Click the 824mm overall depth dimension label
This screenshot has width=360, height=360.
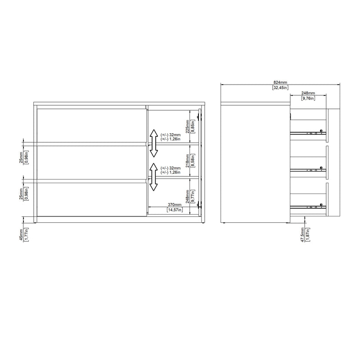pyautogui.click(x=280, y=82)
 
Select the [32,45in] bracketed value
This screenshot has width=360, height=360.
pyautogui.click(x=280, y=88)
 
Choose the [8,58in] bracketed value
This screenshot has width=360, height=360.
pyautogui.click(x=193, y=160)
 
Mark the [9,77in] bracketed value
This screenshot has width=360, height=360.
pyautogui.click(x=193, y=196)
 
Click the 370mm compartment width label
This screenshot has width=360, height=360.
pyautogui.click(x=174, y=204)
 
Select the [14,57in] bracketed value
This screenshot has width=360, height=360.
pyautogui.click(x=174, y=210)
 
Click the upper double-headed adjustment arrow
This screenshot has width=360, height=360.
pyautogui.click(x=153, y=142)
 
